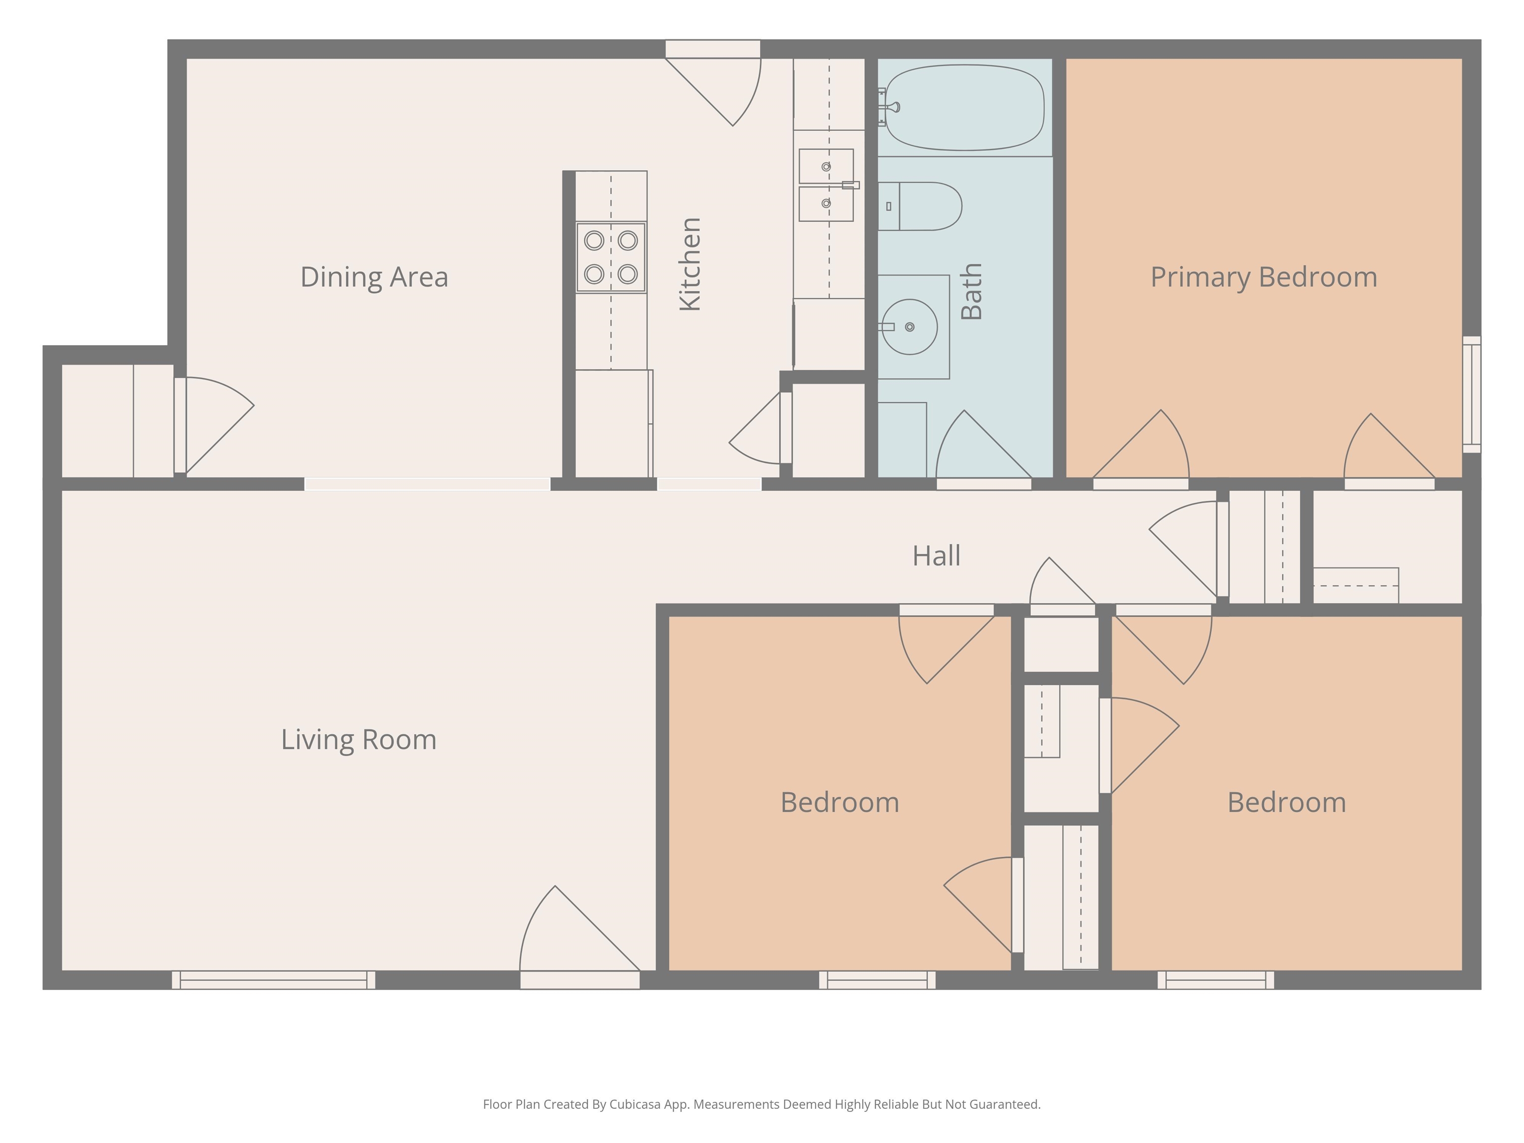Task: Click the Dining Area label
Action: tap(374, 277)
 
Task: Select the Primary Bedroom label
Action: tap(1264, 277)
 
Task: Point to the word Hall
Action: tap(936, 555)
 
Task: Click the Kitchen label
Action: tap(690, 264)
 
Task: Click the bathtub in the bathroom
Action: tap(964, 108)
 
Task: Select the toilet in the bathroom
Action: tap(920, 206)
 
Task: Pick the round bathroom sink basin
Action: tap(909, 326)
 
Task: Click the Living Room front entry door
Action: tap(580, 937)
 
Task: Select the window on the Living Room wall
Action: tap(273, 980)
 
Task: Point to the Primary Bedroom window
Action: tap(1471, 395)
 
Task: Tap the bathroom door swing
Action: tap(984, 445)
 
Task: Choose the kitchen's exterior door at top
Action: tap(713, 83)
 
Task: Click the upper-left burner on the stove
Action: tap(594, 241)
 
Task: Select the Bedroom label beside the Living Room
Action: tap(840, 802)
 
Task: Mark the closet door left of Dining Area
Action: tap(214, 425)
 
